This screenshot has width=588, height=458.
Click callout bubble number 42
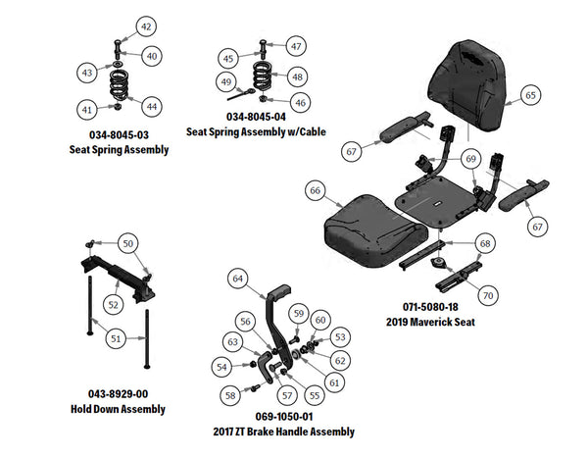(x=145, y=25)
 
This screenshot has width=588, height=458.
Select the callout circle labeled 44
(x=152, y=105)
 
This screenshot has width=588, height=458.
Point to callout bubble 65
(x=529, y=95)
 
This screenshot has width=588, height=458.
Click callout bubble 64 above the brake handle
(x=236, y=279)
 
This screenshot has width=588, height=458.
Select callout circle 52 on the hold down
(x=114, y=305)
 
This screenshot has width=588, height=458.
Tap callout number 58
(x=230, y=395)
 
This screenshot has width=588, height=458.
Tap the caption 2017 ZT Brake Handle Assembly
(x=283, y=432)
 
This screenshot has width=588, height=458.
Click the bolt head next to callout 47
(x=264, y=45)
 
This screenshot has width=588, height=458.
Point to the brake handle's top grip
(x=278, y=291)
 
